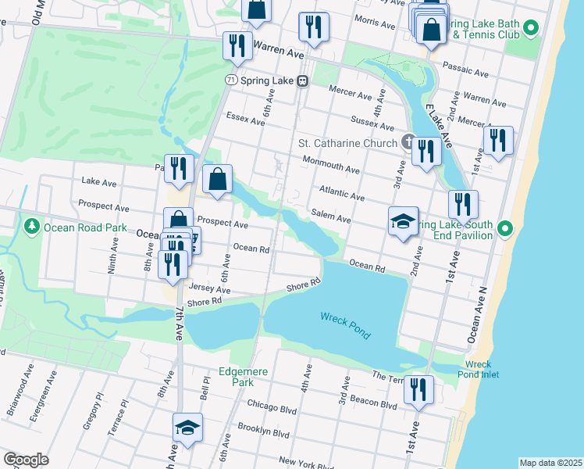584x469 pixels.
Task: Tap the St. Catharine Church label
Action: (348, 143)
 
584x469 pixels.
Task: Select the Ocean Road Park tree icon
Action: (32, 227)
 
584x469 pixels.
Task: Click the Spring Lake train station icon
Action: (301, 81)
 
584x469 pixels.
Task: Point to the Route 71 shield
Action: (229, 81)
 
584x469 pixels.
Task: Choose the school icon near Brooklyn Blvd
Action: (187, 428)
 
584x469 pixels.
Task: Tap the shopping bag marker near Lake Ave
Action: (218, 179)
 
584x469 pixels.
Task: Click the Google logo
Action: (26, 460)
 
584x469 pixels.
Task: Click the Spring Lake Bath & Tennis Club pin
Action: (531, 30)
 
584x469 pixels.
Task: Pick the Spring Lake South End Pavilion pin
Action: (505, 229)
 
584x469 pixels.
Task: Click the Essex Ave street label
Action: (241, 117)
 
